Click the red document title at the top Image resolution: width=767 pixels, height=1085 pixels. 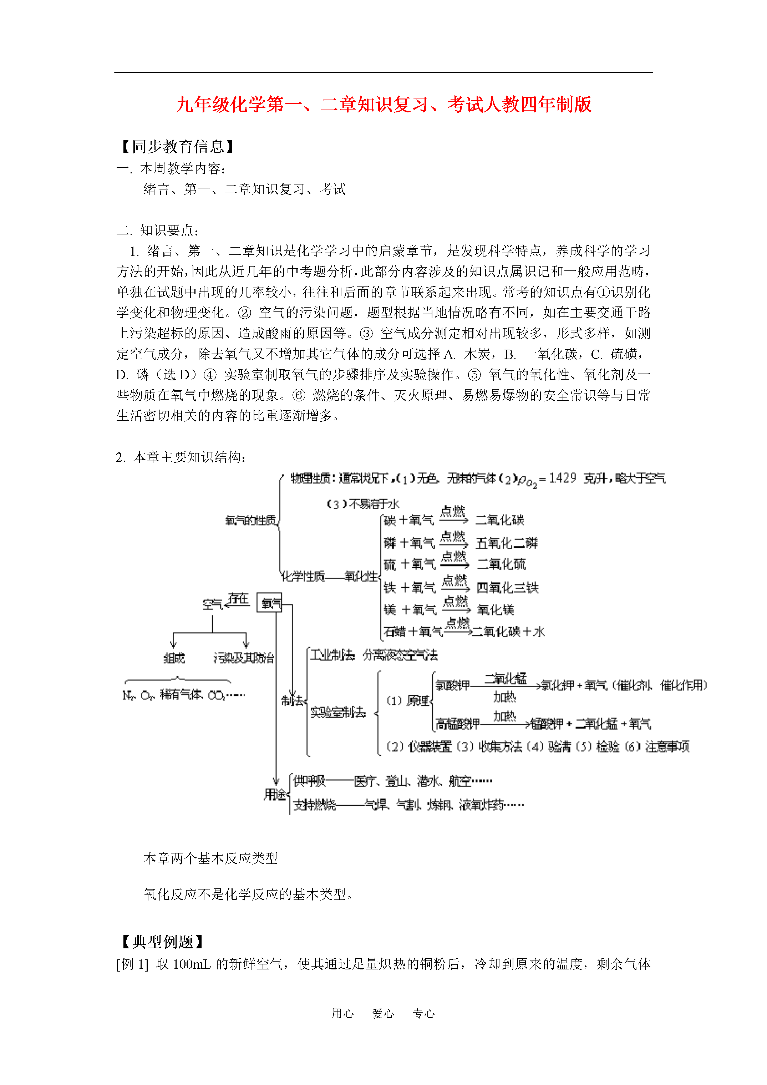(x=383, y=105)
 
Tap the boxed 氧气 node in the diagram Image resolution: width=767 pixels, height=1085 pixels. (x=269, y=603)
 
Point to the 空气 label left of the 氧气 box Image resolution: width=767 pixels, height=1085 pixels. (x=212, y=604)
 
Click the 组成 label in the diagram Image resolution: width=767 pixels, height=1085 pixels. (x=174, y=658)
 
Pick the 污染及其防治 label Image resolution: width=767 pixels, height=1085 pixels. (x=243, y=658)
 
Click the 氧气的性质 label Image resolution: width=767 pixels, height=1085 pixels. (x=250, y=520)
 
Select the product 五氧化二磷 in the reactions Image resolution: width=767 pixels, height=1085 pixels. (x=506, y=543)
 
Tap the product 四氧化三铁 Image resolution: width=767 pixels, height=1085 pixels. (x=507, y=588)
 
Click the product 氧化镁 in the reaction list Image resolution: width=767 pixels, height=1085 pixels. (x=495, y=610)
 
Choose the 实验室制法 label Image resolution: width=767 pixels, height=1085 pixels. (x=338, y=712)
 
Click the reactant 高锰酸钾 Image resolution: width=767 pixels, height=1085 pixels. (x=457, y=724)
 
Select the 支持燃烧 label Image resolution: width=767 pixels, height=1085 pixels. (x=314, y=805)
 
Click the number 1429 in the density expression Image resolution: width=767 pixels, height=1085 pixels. (x=562, y=478)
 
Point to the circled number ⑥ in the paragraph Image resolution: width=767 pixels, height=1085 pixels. (x=299, y=396)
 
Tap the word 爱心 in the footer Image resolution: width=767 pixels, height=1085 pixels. (x=383, y=1013)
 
